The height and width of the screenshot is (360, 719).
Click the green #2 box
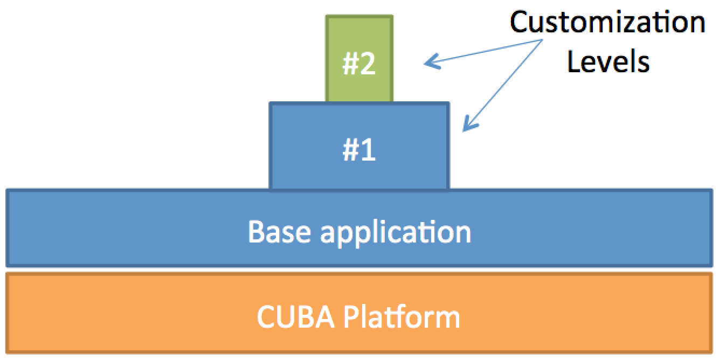coord(359,58)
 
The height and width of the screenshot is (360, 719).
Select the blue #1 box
coord(359,146)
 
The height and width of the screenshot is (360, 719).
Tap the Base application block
coord(359,228)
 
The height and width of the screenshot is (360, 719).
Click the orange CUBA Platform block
coord(359,313)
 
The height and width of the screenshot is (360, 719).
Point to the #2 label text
coord(359,64)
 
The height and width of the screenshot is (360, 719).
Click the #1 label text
coord(359,149)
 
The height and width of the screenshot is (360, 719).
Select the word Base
coord(280,232)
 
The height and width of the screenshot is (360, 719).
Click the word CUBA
coord(295,317)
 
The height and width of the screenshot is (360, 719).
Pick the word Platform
coord(402,316)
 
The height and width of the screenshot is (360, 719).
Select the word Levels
coord(609,61)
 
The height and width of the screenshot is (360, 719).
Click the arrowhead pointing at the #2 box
coord(432,61)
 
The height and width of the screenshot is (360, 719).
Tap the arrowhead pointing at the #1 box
coord(469,123)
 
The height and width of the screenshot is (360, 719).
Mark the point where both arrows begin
coord(542,40)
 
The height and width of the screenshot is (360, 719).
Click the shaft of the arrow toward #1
coord(503,86)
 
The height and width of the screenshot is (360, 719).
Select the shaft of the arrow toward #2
coord(483,51)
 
